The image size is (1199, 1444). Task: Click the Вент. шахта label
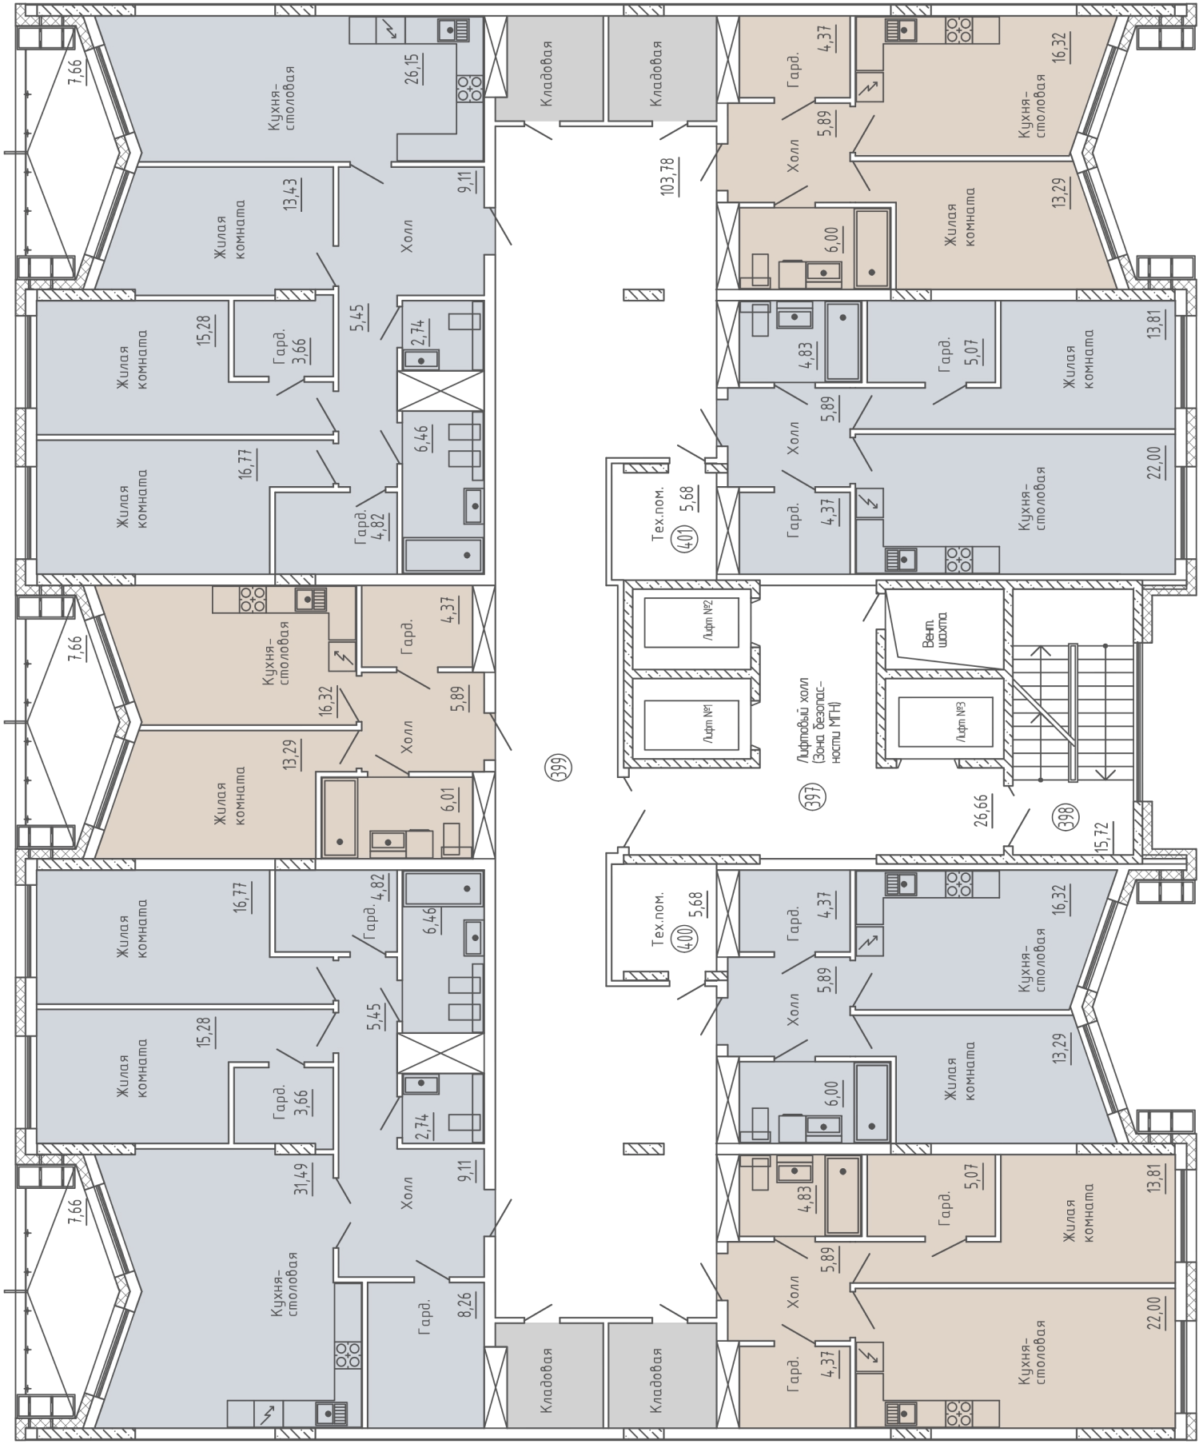click(934, 632)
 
